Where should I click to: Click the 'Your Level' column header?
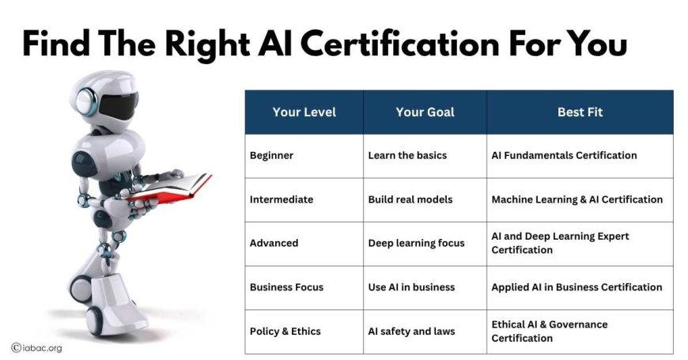[x=304, y=112]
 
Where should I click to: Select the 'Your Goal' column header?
[x=425, y=112]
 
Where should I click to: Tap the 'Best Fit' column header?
[x=580, y=112]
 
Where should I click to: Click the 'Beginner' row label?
[x=271, y=155]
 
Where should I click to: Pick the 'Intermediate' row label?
[x=282, y=199]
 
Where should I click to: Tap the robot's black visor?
[x=118, y=105]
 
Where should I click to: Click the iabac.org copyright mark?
[x=37, y=348]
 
